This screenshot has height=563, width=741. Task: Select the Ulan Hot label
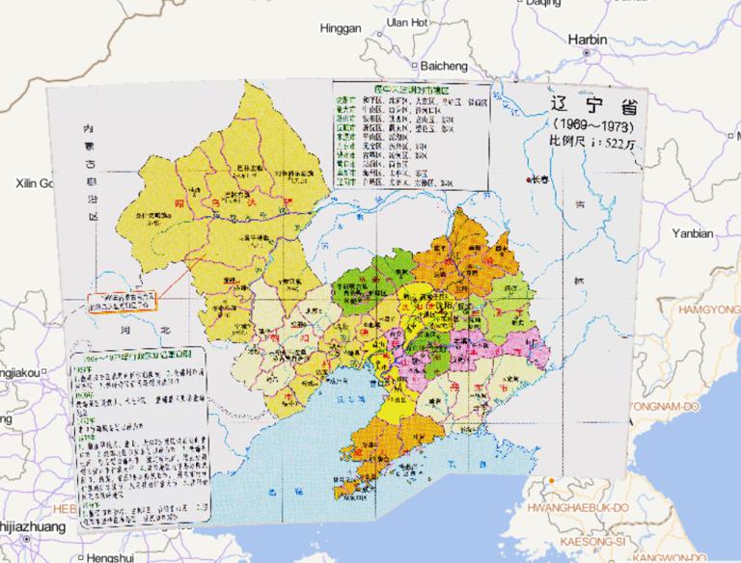coord(406,21)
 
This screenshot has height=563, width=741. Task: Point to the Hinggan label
coord(340,28)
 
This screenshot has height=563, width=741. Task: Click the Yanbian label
coord(692,233)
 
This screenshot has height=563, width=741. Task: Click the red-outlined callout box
coord(123,306)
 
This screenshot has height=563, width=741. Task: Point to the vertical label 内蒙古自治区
coord(90,174)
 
